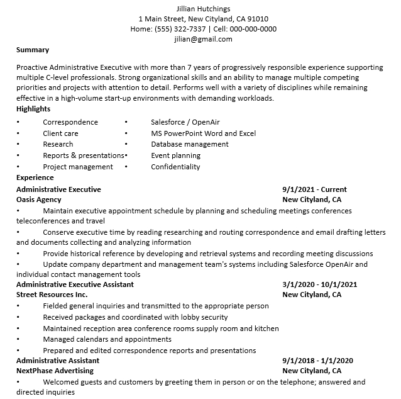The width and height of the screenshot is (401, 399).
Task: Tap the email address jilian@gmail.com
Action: [203, 39]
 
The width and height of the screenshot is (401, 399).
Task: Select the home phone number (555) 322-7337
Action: [180, 29]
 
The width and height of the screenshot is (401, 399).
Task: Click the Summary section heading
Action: [33, 50]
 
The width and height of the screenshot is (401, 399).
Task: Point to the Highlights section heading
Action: [33, 109]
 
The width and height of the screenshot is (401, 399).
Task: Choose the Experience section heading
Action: [35, 177]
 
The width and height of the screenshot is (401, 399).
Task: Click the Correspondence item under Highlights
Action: [70, 122]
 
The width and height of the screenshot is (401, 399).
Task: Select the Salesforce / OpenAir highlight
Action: [185, 122]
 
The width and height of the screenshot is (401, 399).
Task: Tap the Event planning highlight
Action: [176, 155]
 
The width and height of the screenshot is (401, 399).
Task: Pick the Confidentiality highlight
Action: [175, 167]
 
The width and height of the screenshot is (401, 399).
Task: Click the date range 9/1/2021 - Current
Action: [314, 189]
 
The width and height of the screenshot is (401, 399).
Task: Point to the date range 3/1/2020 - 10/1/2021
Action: [320, 284]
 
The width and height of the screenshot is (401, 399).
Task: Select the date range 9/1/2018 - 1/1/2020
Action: [317, 361]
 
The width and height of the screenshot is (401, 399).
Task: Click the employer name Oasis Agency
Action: [39, 199]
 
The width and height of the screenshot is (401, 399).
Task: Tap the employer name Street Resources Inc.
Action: [52, 295]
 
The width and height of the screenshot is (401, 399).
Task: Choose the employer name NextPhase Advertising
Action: [55, 371]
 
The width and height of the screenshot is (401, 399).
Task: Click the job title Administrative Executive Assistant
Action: [75, 284]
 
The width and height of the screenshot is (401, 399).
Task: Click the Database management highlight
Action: [190, 144]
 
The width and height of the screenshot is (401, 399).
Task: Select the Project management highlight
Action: [78, 167]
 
